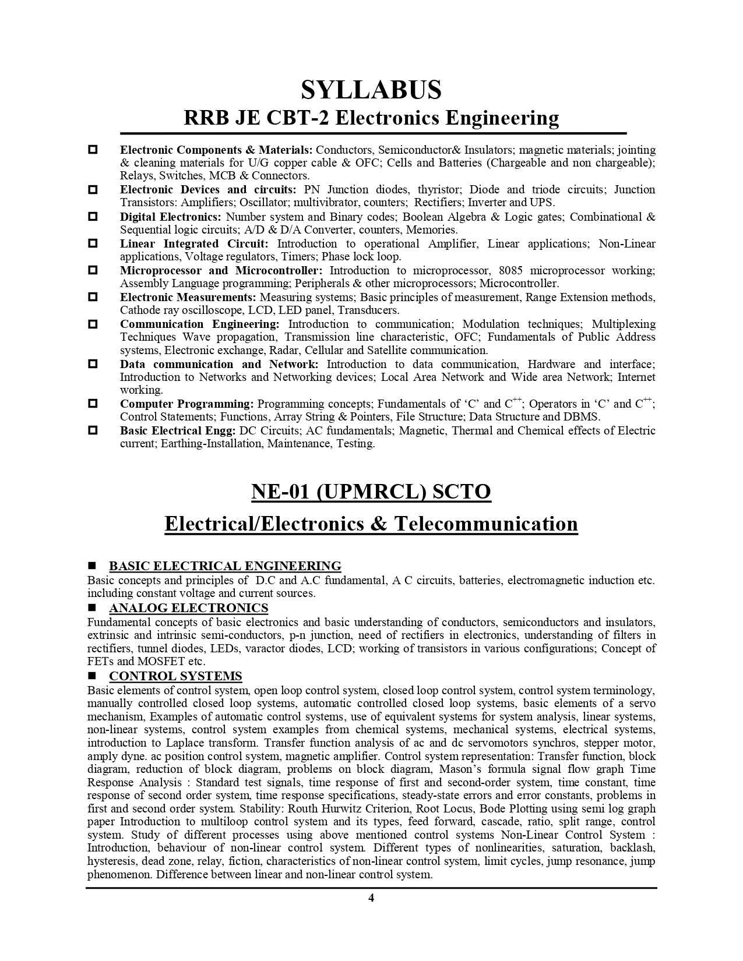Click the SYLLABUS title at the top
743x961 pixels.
coord(371,90)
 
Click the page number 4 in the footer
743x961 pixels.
coord(371,898)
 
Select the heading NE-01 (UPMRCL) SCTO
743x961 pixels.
coord(371,492)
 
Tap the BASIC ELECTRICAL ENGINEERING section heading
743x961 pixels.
coord(225,566)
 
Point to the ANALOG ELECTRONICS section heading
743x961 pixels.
coord(188,608)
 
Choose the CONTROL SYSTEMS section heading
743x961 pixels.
coord(175,676)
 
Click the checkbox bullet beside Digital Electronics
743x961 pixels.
coord(92,217)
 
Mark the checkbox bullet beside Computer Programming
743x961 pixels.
coord(92,404)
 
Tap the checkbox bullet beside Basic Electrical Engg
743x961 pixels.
coord(92,430)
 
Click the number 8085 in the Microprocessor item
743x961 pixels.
coord(510,270)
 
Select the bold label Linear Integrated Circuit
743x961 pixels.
coord(194,243)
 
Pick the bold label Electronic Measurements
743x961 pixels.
coord(188,297)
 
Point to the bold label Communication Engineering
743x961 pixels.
coord(200,324)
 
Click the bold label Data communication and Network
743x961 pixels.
coord(219,364)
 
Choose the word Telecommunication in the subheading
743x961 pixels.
coord(486,524)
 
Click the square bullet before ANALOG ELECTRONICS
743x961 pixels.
coord(91,609)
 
